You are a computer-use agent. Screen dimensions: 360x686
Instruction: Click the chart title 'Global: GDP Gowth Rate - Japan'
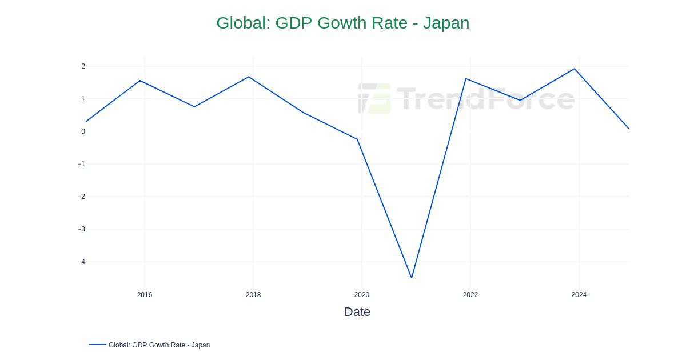tap(342, 23)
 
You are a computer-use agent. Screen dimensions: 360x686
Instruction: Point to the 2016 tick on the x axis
tap(145, 295)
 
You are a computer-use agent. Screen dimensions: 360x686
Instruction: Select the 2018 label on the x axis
tap(253, 295)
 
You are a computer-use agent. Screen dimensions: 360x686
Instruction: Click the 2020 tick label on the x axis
tap(362, 295)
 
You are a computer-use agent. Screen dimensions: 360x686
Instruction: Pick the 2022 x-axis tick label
tap(470, 295)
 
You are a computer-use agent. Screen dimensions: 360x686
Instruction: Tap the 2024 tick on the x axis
tap(579, 295)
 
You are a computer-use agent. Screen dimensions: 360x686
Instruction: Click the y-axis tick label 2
tap(83, 66)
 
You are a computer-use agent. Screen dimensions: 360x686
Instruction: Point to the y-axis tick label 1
tap(83, 99)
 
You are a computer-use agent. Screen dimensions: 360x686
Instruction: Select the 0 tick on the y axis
tap(83, 131)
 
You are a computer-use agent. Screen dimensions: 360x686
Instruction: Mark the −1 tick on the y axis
tap(81, 164)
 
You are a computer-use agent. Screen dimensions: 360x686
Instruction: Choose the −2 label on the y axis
tap(81, 197)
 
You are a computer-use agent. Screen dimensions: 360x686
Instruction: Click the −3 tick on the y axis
tap(81, 229)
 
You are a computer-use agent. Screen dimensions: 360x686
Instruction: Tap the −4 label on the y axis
tap(81, 262)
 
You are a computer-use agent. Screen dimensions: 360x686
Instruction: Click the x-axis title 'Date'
tap(357, 312)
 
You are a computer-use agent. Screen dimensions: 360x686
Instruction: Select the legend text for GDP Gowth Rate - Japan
tap(159, 345)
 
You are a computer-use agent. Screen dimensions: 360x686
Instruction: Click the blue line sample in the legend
tap(97, 345)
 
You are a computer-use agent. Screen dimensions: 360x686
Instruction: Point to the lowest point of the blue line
tap(412, 278)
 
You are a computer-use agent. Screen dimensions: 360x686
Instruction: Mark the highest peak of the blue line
tap(575, 69)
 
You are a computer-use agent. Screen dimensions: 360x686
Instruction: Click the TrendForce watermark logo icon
tap(374, 98)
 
